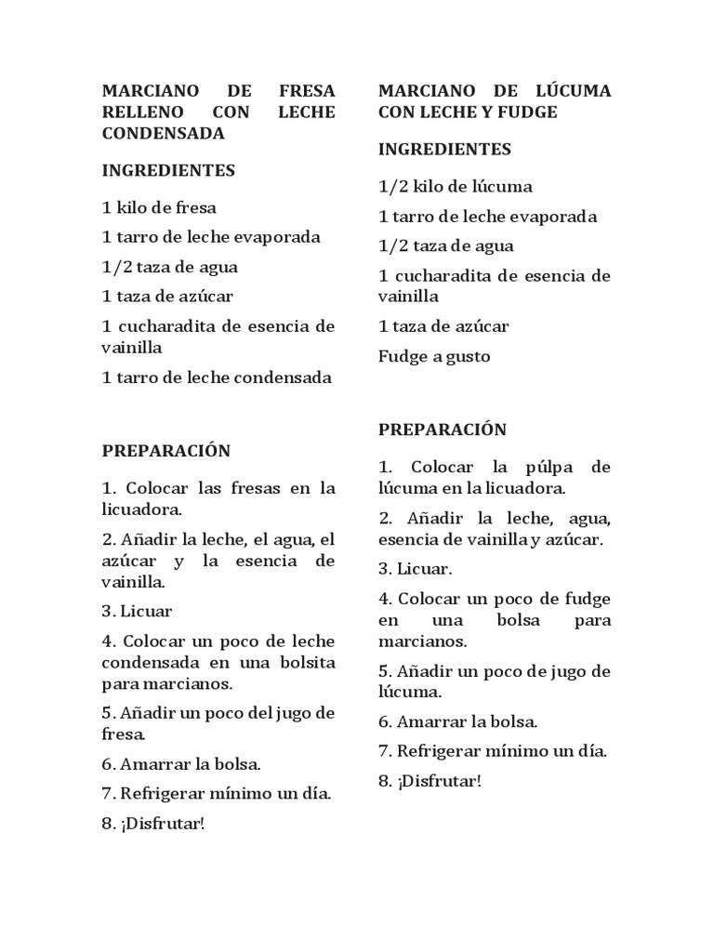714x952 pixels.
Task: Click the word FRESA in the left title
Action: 308,91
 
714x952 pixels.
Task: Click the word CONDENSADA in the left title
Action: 164,133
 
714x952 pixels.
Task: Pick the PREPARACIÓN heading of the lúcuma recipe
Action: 442,430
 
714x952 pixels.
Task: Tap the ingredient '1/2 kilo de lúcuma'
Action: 455,187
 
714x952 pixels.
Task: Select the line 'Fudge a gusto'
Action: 433,356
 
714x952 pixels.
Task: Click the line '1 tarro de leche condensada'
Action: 216,377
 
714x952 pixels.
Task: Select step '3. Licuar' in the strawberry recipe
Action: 137,611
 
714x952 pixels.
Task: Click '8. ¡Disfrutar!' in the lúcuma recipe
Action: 430,781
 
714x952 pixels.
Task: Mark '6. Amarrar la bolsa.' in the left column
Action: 180,765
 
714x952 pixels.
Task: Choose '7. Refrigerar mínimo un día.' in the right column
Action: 492,751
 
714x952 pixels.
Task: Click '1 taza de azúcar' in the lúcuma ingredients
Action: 443,326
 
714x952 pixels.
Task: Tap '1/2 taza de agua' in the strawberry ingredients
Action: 169,267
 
